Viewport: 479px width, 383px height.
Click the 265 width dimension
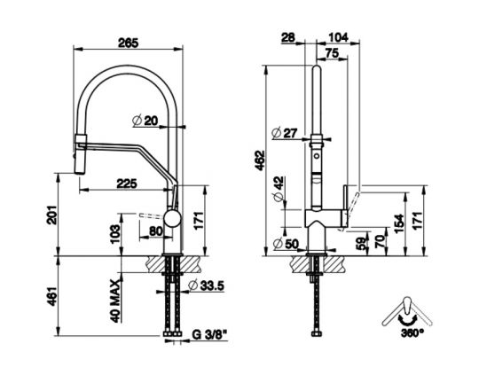click(128, 43)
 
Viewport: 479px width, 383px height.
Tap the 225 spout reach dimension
click(127, 184)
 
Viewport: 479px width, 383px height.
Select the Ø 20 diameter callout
click(145, 121)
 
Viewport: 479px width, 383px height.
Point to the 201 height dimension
click(52, 215)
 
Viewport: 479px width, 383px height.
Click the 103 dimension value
click(115, 234)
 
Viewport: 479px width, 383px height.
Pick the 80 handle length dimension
click(155, 231)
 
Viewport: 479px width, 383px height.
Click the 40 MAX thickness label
click(115, 301)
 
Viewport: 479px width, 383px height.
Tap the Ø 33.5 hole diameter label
click(206, 285)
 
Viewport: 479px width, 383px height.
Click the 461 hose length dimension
click(52, 296)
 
